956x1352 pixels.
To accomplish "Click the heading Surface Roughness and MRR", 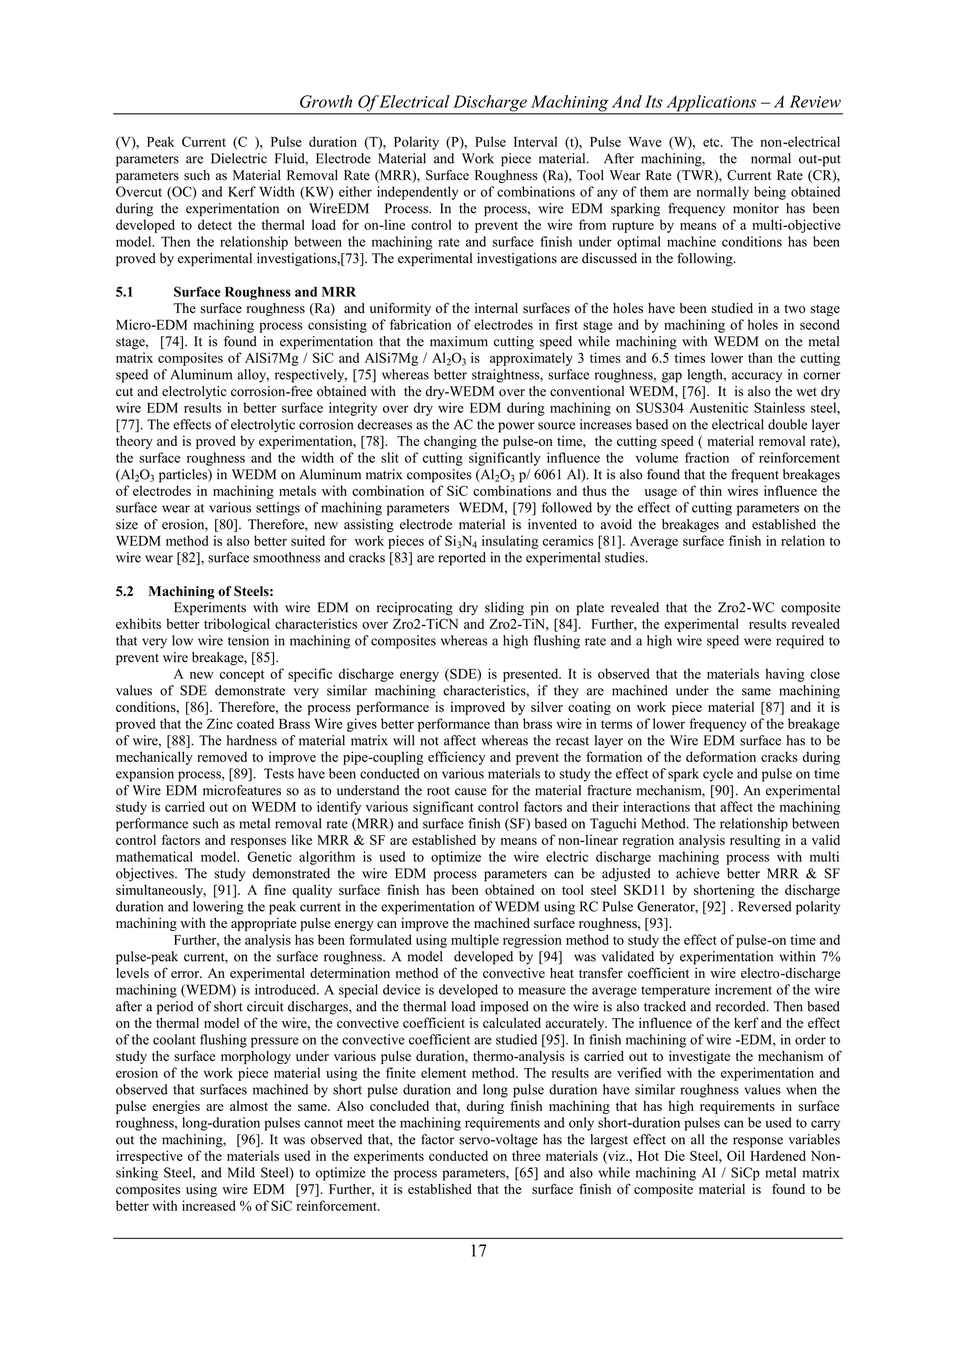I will tap(264, 292).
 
